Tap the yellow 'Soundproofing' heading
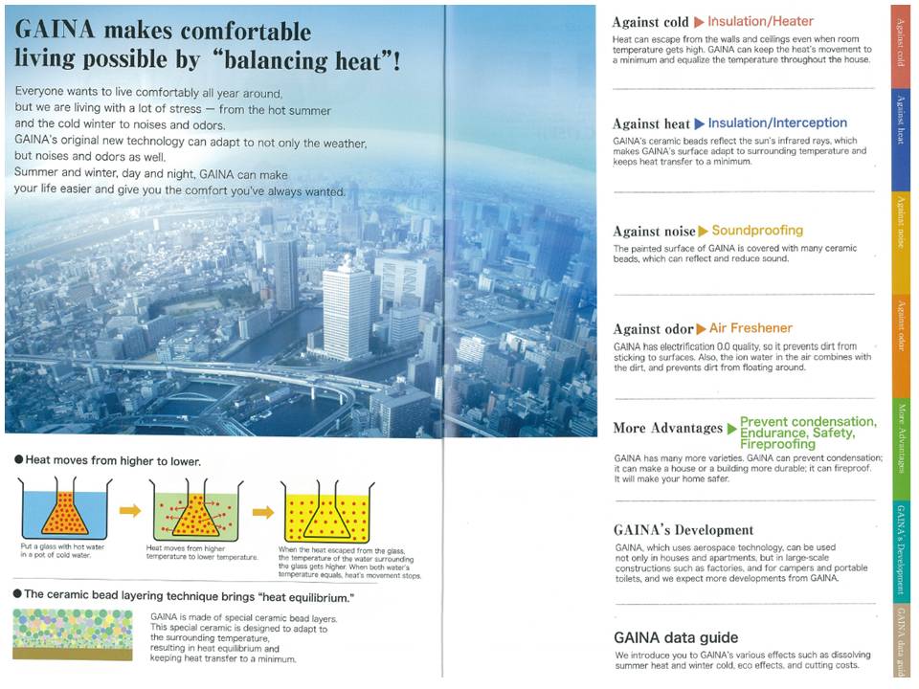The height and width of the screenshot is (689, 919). click(757, 231)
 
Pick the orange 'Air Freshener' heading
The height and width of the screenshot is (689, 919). click(751, 328)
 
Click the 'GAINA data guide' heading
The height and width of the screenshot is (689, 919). click(676, 637)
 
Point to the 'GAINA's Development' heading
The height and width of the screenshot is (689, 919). click(684, 529)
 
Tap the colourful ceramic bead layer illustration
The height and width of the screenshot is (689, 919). click(74, 634)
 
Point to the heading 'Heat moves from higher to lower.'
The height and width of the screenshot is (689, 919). click(113, 460)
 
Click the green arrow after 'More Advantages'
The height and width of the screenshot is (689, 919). click(731, 429)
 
